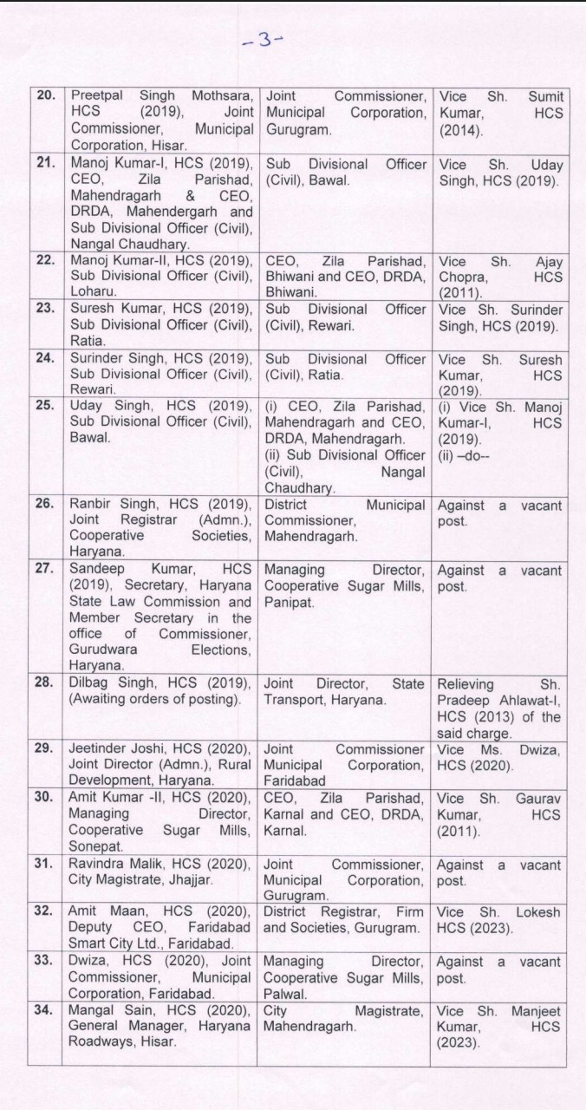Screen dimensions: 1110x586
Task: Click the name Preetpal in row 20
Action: coord(97,96)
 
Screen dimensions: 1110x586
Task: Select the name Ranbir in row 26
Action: coord(90,505)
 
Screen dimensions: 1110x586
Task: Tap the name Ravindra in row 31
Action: coord(98,864)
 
